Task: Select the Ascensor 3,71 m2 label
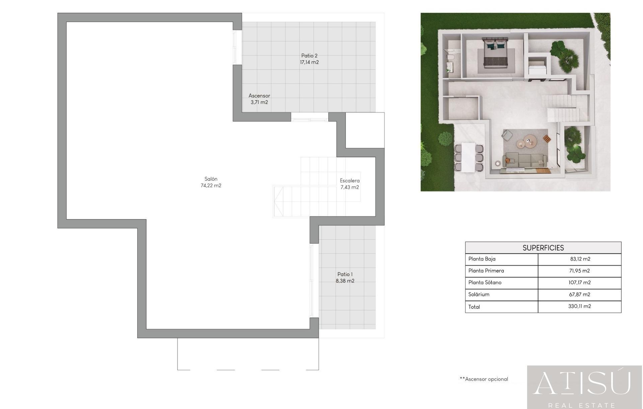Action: pyautogui.click(x=259, y=99)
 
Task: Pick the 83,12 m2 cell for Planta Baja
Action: pyautogui.click(x=580, y=259)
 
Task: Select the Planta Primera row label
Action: pyautogui.click(x=486, y=270)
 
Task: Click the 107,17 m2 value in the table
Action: pyautogui.click(x=579, y=282)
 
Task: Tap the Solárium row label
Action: pyautogui.click(x=479, y=294)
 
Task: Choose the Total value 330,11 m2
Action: pyautogui.click(x=579, y=306)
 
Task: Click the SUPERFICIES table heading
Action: pyautogui.click(x=543, y=248)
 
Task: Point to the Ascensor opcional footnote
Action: pyautogui.click(x=484, y=379)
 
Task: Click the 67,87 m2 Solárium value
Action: pyautogui.click(x=579, y=294)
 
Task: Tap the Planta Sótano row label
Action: pyautogui.click(x=485, y=282)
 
